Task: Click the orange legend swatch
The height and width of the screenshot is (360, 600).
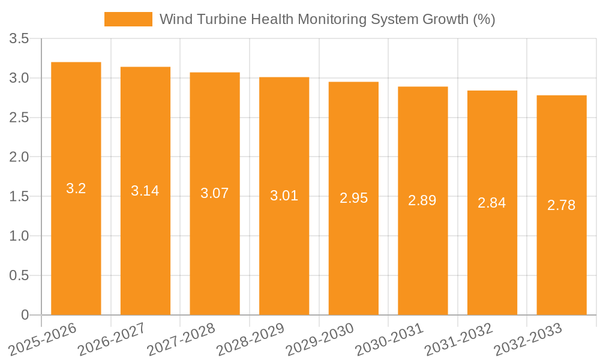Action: (x=128, y=19)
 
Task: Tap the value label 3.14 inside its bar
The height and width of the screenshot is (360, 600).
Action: (x=145, y=191)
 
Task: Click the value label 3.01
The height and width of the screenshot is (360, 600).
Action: (x=284, y=196)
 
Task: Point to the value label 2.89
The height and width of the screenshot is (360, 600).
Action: (x=422, y=200)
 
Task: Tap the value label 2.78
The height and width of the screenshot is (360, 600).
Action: (x=562, y=205)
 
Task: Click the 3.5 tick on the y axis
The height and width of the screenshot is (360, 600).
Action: (x=19, y=39)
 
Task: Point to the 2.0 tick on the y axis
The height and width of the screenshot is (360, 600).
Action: (x=19, y=157)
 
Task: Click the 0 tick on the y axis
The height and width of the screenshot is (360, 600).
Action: (x=25, y=315)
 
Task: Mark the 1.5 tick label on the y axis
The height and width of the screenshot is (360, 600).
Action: (x=19, y=197)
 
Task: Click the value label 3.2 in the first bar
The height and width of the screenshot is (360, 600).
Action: (x=76, y=188)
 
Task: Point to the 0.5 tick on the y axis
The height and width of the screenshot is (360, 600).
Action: (x=19, y=275)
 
